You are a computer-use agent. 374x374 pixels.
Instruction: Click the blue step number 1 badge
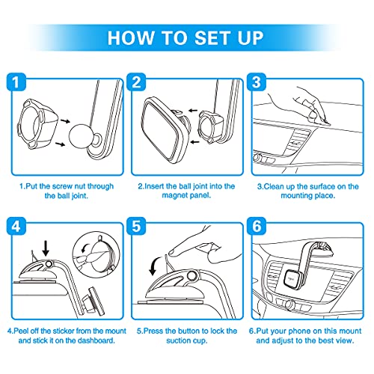(x=16, y=82)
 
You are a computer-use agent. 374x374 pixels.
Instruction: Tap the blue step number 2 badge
(x=136, y=82)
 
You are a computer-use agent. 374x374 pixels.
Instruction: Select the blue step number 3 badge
(x=257, y=82)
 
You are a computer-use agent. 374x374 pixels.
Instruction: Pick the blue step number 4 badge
(x=16, y=226)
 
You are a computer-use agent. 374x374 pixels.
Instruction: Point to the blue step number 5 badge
(x=136, y=226)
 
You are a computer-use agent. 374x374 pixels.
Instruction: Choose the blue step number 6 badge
(x=257, y=226)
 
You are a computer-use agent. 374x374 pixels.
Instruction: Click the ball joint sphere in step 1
(x=80, y=137)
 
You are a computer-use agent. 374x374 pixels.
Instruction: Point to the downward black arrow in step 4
(x=46, y=248)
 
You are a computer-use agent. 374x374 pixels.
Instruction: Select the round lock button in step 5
(x=191, y=275)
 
